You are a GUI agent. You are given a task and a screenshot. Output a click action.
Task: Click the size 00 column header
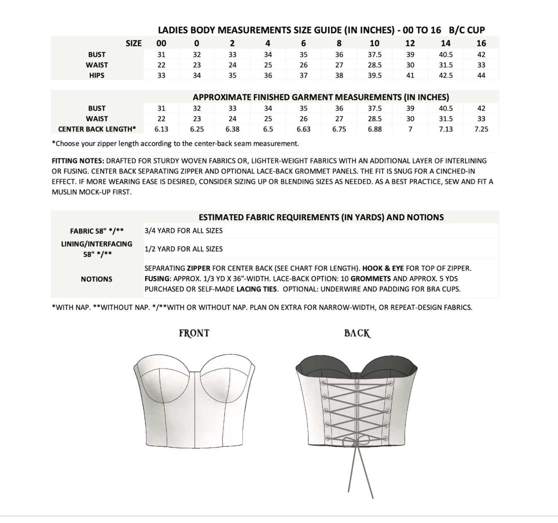point(161,43)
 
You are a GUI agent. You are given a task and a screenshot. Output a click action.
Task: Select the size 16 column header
point(481,43)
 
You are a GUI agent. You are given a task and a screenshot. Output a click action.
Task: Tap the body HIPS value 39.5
point(374,75)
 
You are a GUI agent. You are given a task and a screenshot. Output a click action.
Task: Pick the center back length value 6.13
point(161,129)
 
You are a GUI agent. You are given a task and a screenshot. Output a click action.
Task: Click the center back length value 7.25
point(481,129)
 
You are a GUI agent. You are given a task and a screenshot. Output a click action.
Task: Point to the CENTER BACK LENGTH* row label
point(97,129)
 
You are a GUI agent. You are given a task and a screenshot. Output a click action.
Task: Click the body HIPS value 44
point(481,75)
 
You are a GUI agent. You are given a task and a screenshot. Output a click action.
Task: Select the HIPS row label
point(96,75)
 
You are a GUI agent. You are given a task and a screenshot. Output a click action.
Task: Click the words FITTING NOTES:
point(78,161)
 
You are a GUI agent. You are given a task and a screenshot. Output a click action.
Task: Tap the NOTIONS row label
point(96,279)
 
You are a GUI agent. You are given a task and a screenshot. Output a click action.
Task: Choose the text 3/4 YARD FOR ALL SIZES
point(183,231)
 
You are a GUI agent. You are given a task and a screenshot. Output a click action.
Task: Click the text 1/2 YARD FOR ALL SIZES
point(183,249)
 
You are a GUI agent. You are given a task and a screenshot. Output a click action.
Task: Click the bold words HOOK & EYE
point(383,268)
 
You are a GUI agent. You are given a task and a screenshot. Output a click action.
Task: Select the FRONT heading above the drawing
point(194,333)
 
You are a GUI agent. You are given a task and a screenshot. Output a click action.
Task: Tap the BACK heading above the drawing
point(357,333)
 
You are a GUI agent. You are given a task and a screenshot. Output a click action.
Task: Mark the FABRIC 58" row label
point(96,231)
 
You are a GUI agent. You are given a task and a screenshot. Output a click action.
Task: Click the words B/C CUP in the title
point(467,30)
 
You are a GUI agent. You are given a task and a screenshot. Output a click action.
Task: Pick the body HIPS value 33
point(161,75)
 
